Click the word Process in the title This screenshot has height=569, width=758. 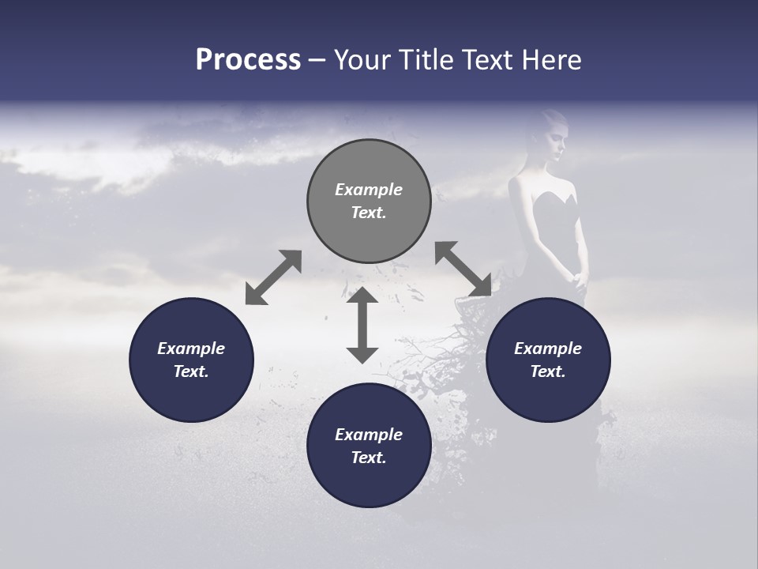click(x=248, y=60)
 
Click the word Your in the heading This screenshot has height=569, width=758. click(x=362, y=60)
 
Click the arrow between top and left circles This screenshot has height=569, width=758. click(x=273, y=277)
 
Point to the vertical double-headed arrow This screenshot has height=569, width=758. click(x=362, y=326)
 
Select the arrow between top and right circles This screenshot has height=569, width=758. click(x=463, y=269)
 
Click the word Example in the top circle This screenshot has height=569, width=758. click(x=369, y=190)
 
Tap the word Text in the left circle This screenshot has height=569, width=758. click(x=191, y=371)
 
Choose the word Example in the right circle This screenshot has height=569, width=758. click(x=548, y=349)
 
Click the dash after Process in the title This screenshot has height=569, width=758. click(x=317, y=60)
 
